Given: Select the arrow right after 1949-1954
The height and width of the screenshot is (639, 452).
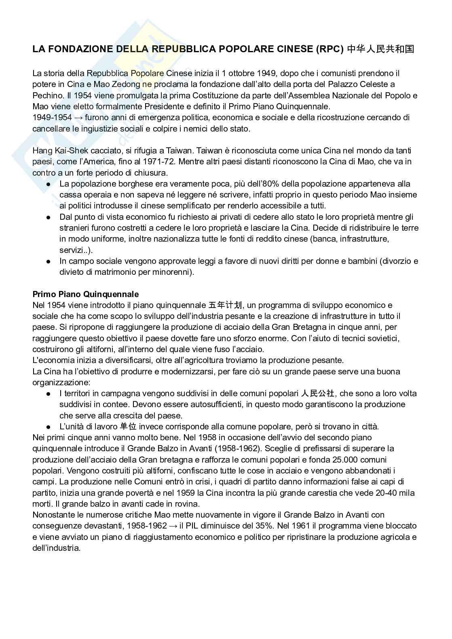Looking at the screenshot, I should [x=78, y=118].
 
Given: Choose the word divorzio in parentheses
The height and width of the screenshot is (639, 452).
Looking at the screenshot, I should [x=395, y=261].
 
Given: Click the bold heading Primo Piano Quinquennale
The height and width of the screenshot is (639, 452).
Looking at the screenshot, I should [x=85, y=294].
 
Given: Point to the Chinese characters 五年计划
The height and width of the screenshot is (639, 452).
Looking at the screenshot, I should [x=225, y=305].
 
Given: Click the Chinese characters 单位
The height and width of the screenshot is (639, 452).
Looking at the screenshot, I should [x=128, y=427].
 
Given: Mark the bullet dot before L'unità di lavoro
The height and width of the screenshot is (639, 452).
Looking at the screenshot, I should [x=48, y=427].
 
